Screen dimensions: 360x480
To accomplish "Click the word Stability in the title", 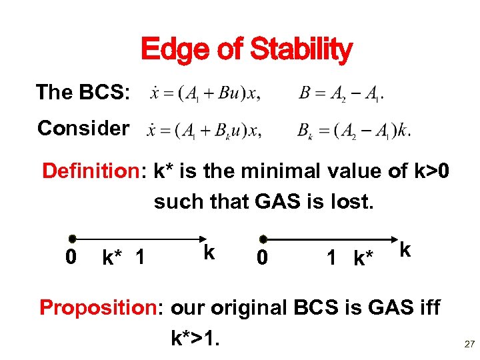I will [301, 51].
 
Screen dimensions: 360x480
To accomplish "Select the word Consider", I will [83, 128].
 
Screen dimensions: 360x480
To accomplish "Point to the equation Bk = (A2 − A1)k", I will [354, 131].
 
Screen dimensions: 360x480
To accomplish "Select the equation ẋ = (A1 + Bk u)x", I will [204, 131].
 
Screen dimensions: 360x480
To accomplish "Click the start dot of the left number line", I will [72, 239].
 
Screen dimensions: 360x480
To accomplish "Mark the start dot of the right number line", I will [263, 239].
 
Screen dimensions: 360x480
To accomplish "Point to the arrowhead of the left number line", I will [203, 239].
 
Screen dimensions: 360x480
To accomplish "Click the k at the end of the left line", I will [209, 252].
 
